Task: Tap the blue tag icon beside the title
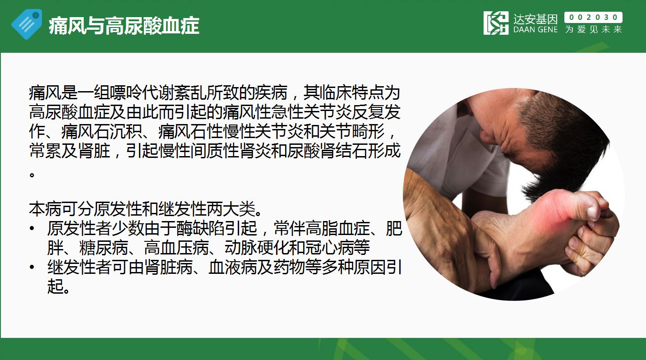(x=27, y=24)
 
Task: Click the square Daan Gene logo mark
(x=496, y=23)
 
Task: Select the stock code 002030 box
(x=593, y=17)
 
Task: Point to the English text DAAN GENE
(x=535, y=29)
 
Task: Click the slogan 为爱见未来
(x=593, y=29)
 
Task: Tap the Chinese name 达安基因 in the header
(x=535, y=19)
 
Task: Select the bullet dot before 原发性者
(x=32, y=229)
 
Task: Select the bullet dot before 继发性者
(x=32, y=268)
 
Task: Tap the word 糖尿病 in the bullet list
(x=104, y=248)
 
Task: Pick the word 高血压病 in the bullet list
(x=176, y=248)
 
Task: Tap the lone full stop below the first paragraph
(x=32, y=175)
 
